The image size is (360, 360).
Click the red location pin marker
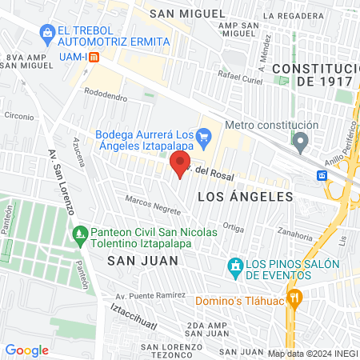click(178, 163)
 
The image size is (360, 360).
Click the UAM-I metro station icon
click(94, 58)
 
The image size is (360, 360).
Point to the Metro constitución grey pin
click(301, 143)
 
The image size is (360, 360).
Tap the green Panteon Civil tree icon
click(78, 234)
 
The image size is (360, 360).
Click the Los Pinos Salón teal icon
click(235, 265)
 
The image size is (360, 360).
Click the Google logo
click(27, 350)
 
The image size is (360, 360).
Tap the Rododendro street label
click(106, 98)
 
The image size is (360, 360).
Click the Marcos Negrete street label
click(152, 204)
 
